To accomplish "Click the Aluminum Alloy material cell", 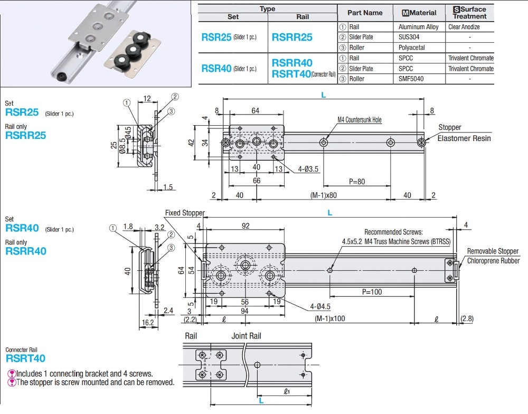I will point(418,26).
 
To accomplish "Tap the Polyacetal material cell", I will point(412,48).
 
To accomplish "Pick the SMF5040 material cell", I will point(412,79).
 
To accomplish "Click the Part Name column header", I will point(365,13).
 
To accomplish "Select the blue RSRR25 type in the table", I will point(291,37).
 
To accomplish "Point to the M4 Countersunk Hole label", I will point(359,120).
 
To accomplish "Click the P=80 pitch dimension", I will point(356,182).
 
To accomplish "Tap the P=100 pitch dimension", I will point(372,292).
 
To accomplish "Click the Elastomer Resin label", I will point(465,138).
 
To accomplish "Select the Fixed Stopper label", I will point(184,213).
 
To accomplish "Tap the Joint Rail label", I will point(246,336).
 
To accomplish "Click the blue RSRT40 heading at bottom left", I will point(25,359).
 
